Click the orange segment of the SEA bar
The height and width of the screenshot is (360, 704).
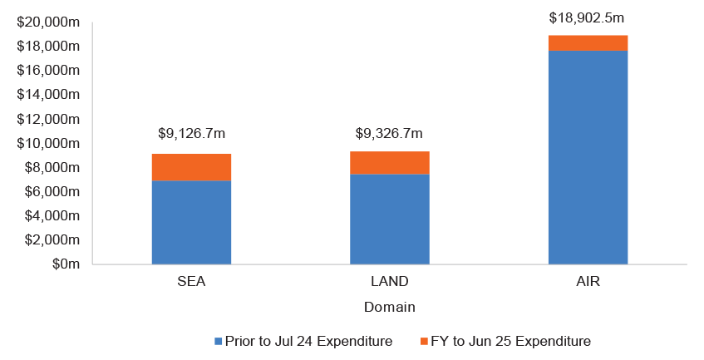coord(191,167)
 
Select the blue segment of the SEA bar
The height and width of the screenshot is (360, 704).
coord(191,222)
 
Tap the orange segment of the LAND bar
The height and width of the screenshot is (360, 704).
coord(389,163)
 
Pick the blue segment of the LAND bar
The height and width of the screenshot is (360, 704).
coord(389,219)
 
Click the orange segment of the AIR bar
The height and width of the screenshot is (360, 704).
coord(588,43)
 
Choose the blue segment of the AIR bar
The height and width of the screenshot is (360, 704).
coord(588,157)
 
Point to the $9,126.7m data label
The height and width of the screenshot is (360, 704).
coord(191,133)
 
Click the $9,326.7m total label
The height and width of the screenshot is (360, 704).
coord(389,133)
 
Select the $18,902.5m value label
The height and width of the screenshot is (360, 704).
coord(588,17)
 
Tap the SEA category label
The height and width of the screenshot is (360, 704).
coord(191,282)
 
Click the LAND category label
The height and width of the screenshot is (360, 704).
coord(389,282)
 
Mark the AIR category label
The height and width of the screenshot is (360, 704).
coord(588,282)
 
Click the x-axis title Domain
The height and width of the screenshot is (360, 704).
coord(389,307)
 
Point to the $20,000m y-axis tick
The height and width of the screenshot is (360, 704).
coord(48,22)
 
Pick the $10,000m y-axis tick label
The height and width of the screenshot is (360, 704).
coord(48,143)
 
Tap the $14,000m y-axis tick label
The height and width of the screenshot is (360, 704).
coord(48,95)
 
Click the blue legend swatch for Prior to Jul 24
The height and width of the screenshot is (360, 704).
coord(219,342)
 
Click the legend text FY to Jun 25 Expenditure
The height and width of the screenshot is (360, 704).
coord(509,342)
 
